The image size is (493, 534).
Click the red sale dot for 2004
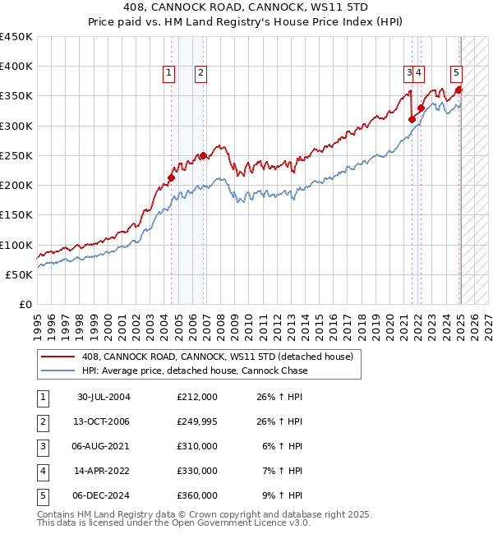pos(172,177)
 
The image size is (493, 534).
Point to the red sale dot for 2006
pos(203,155)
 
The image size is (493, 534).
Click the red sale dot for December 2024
pos(459,90)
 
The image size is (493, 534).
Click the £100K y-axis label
pos(16,245)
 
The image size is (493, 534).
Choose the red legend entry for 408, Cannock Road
pos(217,357)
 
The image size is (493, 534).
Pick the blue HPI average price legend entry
pos(195,371)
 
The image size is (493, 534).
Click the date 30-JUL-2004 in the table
pos(104,397)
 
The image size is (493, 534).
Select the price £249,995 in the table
pos(196,421)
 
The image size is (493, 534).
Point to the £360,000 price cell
pos(196,495)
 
